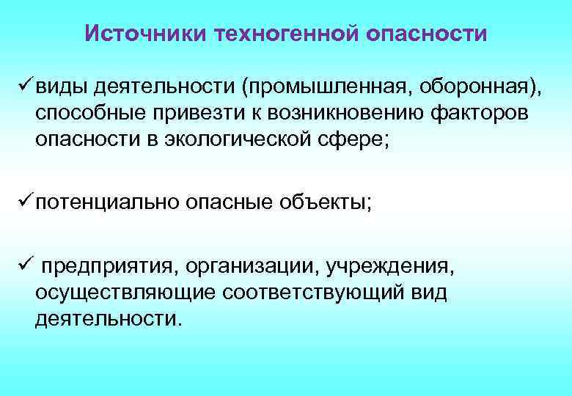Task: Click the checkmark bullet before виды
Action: click(21, 88)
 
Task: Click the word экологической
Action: click(253, 139)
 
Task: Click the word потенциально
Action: click(104, 202)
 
